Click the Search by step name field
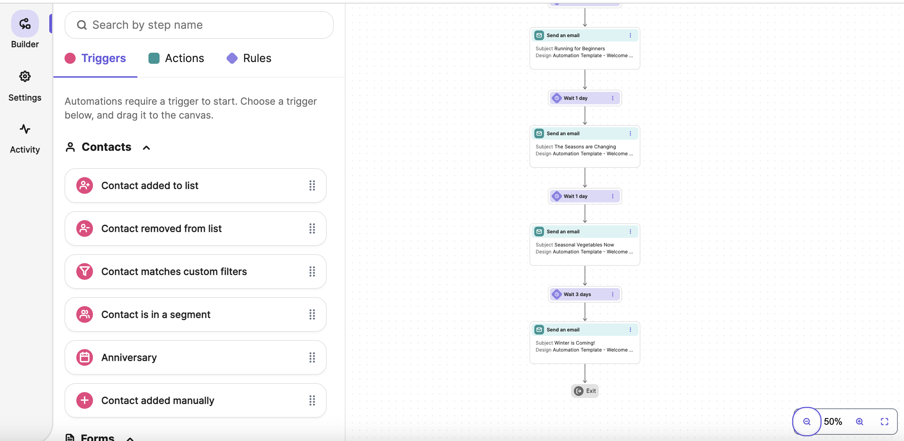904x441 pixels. click(x=199, y=25)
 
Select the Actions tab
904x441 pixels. click(x=176, y=58)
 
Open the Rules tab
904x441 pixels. click(x=249, y=58)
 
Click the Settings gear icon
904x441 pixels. click(x=25, y=76)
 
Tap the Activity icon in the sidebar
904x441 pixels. click(x=25, y=129)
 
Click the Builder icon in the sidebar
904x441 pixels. click(x=25, y=24)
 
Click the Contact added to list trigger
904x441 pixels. click(x=195, y=185)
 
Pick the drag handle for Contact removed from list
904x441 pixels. click(x=312, y=228)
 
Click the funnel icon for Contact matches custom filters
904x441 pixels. click(x=85, y=271)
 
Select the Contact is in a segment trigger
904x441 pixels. click(x=195, y=314)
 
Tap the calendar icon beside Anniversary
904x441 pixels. click(x=85, y=357)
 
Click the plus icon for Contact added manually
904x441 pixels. click(x=85, y=400)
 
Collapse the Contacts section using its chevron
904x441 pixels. click(x=146, y=148)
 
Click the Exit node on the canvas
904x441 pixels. click(x=585, y=391)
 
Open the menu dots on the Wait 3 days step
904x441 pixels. click(x=613, y=294)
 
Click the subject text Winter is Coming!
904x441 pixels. click(x=574, y=343)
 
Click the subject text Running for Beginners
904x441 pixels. click(x=580, y=49)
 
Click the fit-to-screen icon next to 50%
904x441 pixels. click(x=884, y=421)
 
